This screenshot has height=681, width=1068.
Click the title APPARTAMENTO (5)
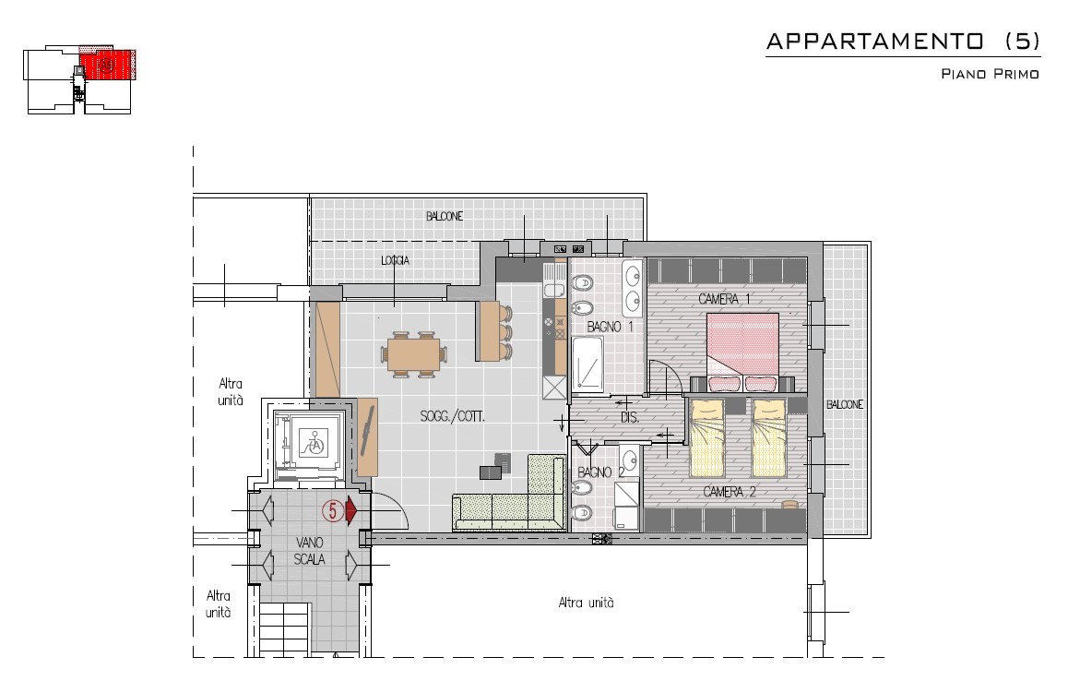pyautogui.click(x=903, y=42)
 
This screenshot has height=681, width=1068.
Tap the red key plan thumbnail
pyautogui.click(x=107, y=65)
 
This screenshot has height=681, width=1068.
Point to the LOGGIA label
pyautogui.click(x=395, y=261)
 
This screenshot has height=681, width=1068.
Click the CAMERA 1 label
pyautogui.click(x=724, y=299)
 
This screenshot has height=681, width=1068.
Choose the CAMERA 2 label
pyautogui.click(x=730, y=492)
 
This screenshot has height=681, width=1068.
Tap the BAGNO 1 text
pyautogui.click(x=610, y=327)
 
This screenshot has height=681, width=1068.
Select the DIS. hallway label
pyautogui.click(x=630, y=417)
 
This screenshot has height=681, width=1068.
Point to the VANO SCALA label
pyautogui.click(x=309, y=551)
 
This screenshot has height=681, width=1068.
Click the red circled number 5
pyautogui.click(x=332, y=509)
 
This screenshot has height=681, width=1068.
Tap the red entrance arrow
pyautogui.click(x=351, y=509)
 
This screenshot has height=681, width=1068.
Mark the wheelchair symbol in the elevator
pyautogui.click(x=315, y=445)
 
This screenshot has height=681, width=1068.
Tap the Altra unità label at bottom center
pyautogui.click(x=586, y=603)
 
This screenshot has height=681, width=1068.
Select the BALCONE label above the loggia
pyautogui.click(x=444, y=216)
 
